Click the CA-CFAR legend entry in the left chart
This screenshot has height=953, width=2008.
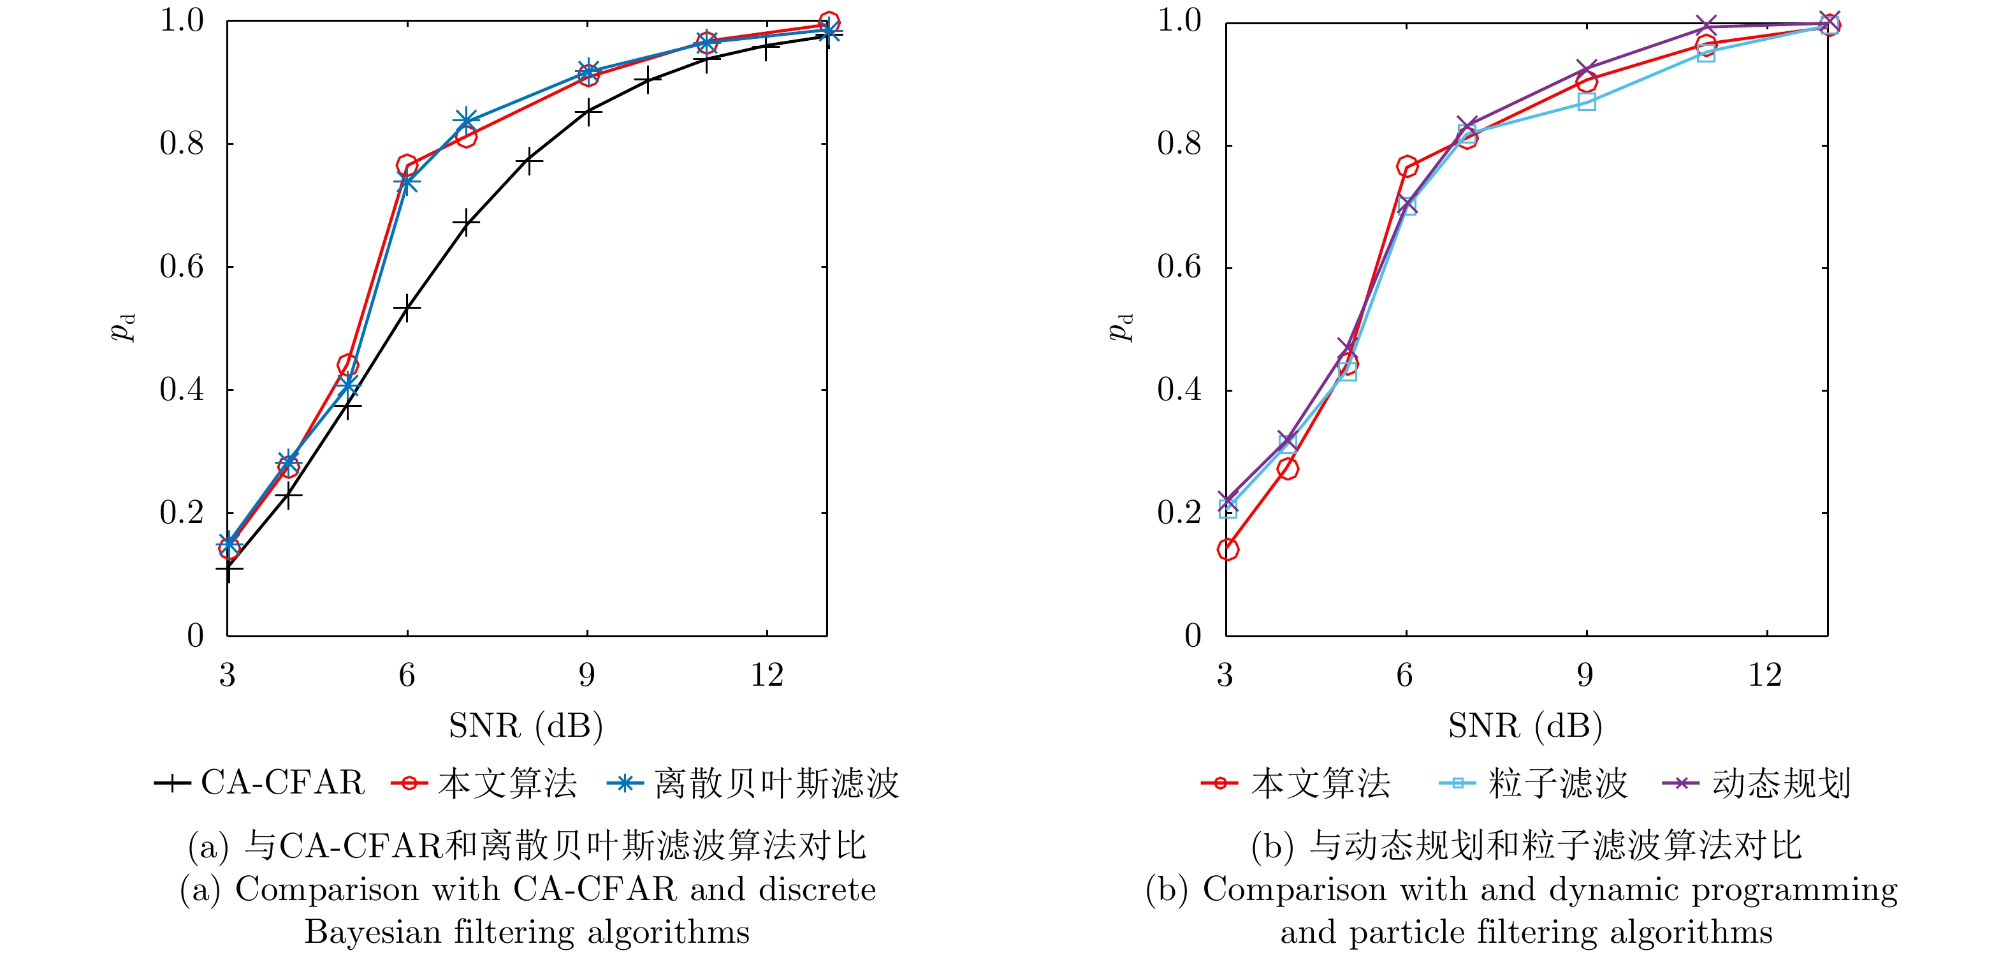(x=259, y=782)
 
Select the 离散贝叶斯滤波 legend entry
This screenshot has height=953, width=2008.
(x=753, y=783)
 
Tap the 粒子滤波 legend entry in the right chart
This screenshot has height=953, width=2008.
(x=1533, y=783)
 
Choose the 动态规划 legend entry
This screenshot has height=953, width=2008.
(x=1757, y=783)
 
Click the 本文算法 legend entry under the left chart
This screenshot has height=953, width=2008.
(x=484, y=783)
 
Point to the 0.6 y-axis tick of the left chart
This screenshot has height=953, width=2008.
(x=182, y=267)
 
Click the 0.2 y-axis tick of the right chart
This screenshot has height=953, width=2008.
(x=1179, y=512)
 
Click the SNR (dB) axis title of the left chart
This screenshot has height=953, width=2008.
(x=526, y=726)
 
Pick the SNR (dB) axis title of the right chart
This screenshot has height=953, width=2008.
(x=1525, y=726)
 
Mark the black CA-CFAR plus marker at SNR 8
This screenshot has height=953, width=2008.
(x=528, y=161)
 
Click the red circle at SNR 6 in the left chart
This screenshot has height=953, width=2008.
(x=407, y=165)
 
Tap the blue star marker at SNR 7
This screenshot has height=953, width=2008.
(x=466, y=121)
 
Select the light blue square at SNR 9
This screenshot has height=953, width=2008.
(x=1586, y=102)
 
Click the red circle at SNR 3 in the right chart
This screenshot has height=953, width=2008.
(x=1228, y=549)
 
